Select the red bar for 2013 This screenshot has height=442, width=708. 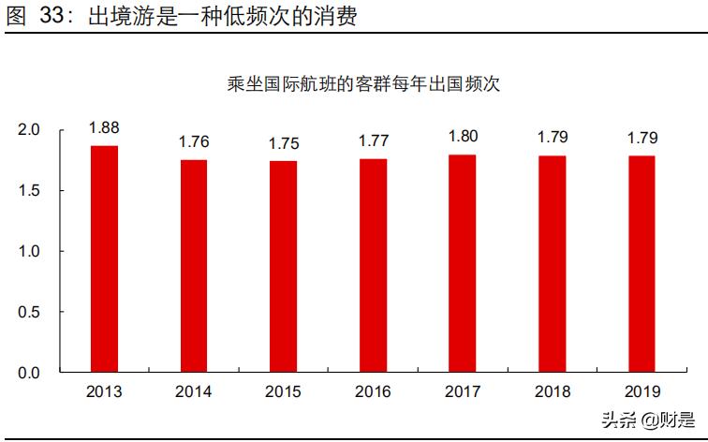pos(105,258)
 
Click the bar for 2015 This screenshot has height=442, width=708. pos(284,266)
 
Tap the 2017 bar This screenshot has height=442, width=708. pos(463,263)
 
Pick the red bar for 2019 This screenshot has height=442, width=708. pos(642,264)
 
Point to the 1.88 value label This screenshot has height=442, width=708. pos(105,128)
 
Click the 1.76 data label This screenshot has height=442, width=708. pos(194,142)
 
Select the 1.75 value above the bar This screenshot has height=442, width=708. pos(284,143)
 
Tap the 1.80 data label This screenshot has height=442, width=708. pos(463,137)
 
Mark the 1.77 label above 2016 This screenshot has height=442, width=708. pos(373,141)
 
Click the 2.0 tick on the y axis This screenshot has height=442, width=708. pos(29,130)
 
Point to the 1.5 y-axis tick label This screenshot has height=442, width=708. pos(29,191)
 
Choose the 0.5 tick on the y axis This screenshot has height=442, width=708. pos(29,312)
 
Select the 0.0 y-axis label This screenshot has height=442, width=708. pos(29,373)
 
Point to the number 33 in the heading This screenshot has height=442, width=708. pos(55,17)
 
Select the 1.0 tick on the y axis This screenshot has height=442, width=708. pos(29,252)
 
